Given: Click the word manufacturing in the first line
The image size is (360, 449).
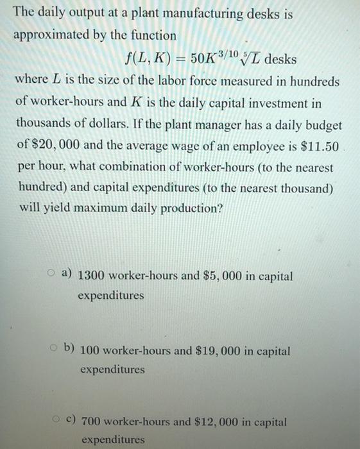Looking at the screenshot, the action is pos(209,14).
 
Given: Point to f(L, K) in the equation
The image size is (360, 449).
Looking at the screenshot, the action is pos(148,60).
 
